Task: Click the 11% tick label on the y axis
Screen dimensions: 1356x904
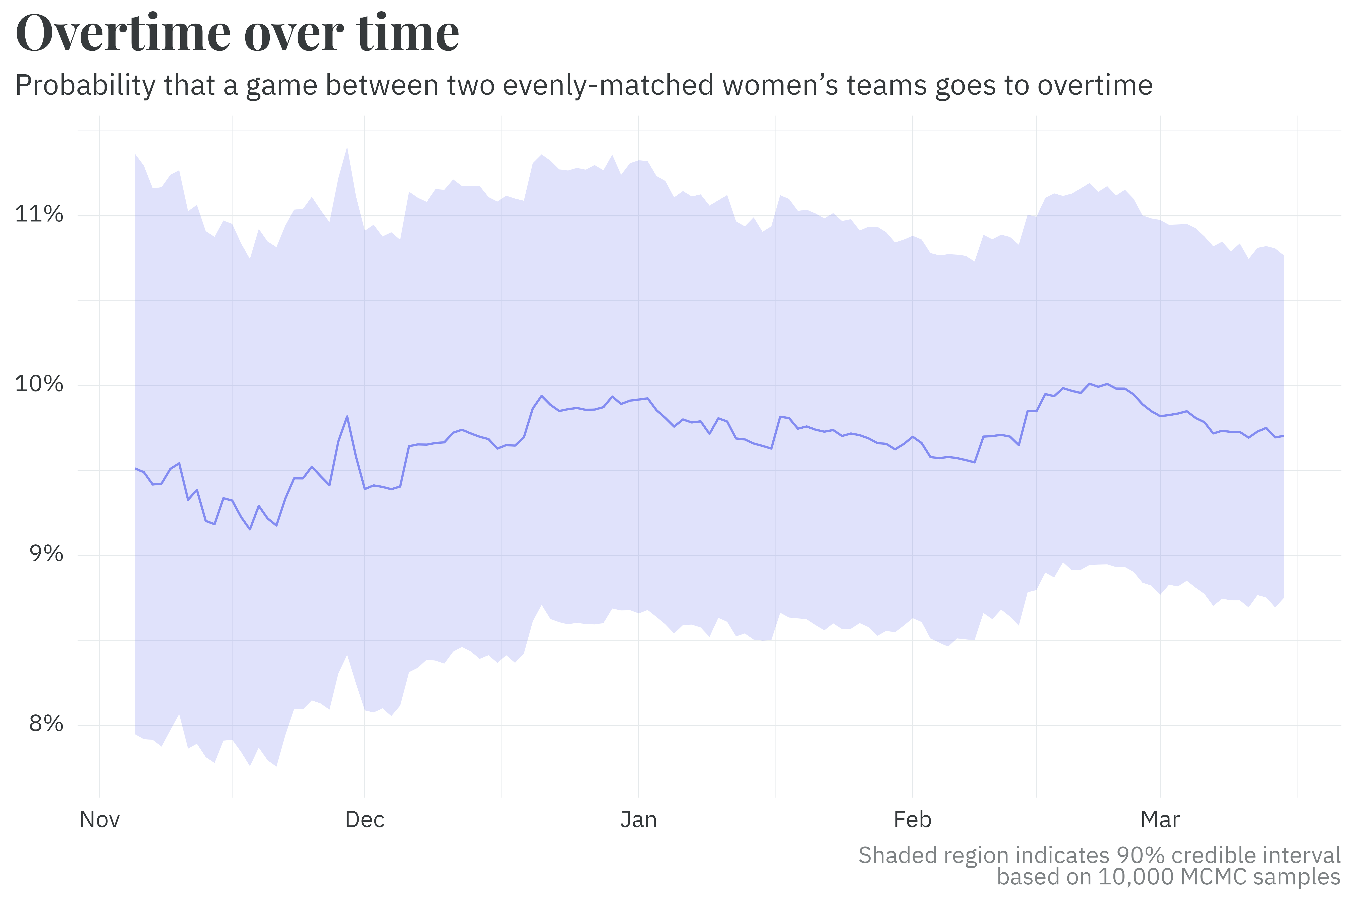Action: pos(39,214)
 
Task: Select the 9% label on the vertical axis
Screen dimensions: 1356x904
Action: pos(46,554)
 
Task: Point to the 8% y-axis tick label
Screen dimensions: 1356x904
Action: pos(46,723)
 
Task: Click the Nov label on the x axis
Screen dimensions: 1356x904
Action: pos(100,819)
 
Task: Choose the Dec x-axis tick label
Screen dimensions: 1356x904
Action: pos(365,819)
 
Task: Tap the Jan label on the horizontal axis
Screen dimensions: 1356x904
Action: pos(639,819)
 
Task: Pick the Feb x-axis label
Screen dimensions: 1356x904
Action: pos(913,819)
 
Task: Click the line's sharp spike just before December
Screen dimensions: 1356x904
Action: pos(347,416)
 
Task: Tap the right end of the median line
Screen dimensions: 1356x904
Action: pos(1283,436)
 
